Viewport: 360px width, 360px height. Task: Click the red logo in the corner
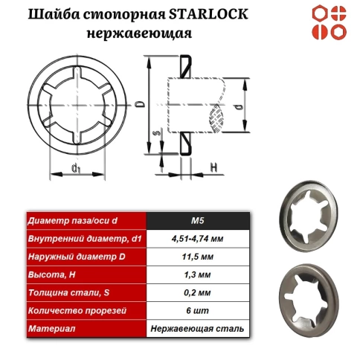tap(330, 22)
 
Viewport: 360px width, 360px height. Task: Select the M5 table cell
tap(198, 220)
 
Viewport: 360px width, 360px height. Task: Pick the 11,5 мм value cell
tap(198, 257)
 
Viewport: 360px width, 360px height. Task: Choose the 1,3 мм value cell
tap(198, 274)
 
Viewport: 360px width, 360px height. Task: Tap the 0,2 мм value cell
tap(198, 292)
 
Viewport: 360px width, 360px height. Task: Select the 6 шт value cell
tap(198, 310)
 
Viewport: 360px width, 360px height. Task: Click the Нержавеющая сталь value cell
tap(198, 328)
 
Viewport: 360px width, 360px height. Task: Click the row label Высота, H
tap(51, 274)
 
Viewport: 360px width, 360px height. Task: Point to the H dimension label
tap(213, 168)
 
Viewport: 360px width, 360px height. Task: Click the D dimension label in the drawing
tap(141, 106)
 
